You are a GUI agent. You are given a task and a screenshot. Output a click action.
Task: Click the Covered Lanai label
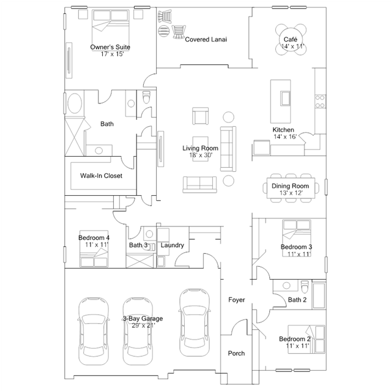pos(206,39)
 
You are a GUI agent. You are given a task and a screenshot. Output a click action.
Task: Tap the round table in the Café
pos(291,39)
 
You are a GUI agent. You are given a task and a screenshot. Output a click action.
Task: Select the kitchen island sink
pos(285,99)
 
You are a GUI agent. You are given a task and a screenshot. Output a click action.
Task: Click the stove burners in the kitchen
pos(320,101)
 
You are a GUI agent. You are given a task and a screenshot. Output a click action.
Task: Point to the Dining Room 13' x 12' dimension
pos(291,193)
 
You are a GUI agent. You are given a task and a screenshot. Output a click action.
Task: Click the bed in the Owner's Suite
pos(111,30)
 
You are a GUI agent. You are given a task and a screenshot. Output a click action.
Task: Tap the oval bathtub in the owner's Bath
pos(75,103)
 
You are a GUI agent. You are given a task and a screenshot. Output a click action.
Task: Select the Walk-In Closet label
pos(101,176)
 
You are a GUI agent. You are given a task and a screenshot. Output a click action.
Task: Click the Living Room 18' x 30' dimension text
pos(201,155)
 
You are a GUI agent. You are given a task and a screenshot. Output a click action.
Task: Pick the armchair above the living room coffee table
pos(200,116)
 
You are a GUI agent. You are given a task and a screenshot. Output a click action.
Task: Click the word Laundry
pos(173,245)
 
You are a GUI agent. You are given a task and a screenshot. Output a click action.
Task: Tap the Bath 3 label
pos(138,245)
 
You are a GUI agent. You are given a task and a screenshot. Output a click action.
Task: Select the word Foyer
pos(236,300)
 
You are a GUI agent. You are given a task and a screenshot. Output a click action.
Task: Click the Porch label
pos(236,353)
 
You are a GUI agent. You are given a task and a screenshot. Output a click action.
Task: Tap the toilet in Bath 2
pos(305,287)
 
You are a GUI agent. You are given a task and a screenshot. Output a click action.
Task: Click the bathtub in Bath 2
pos(319,296)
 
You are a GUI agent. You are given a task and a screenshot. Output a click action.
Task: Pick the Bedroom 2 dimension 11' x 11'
pos(297,346)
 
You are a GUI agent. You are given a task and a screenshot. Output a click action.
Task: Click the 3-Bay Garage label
pos(143,318)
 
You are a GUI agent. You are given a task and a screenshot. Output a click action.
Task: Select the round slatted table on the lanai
pos(164,31)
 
